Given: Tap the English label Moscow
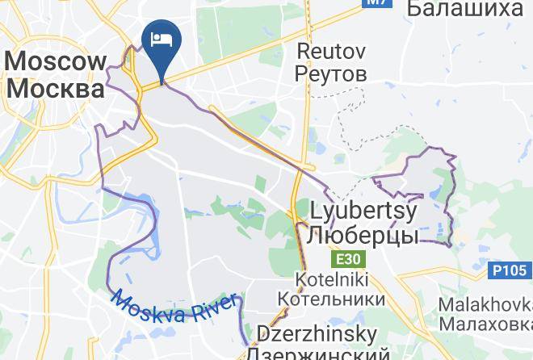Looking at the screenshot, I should click(57, 62).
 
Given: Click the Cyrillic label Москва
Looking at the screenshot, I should click(57, 87).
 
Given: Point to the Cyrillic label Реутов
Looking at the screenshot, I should click(331, 74).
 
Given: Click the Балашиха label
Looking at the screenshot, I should click(464, 10).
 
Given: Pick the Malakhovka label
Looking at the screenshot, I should click(485, 305).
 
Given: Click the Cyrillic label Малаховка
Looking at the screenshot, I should click(485, 324).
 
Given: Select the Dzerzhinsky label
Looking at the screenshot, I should click(317, 334).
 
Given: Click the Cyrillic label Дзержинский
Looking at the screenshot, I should click(317, 353).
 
